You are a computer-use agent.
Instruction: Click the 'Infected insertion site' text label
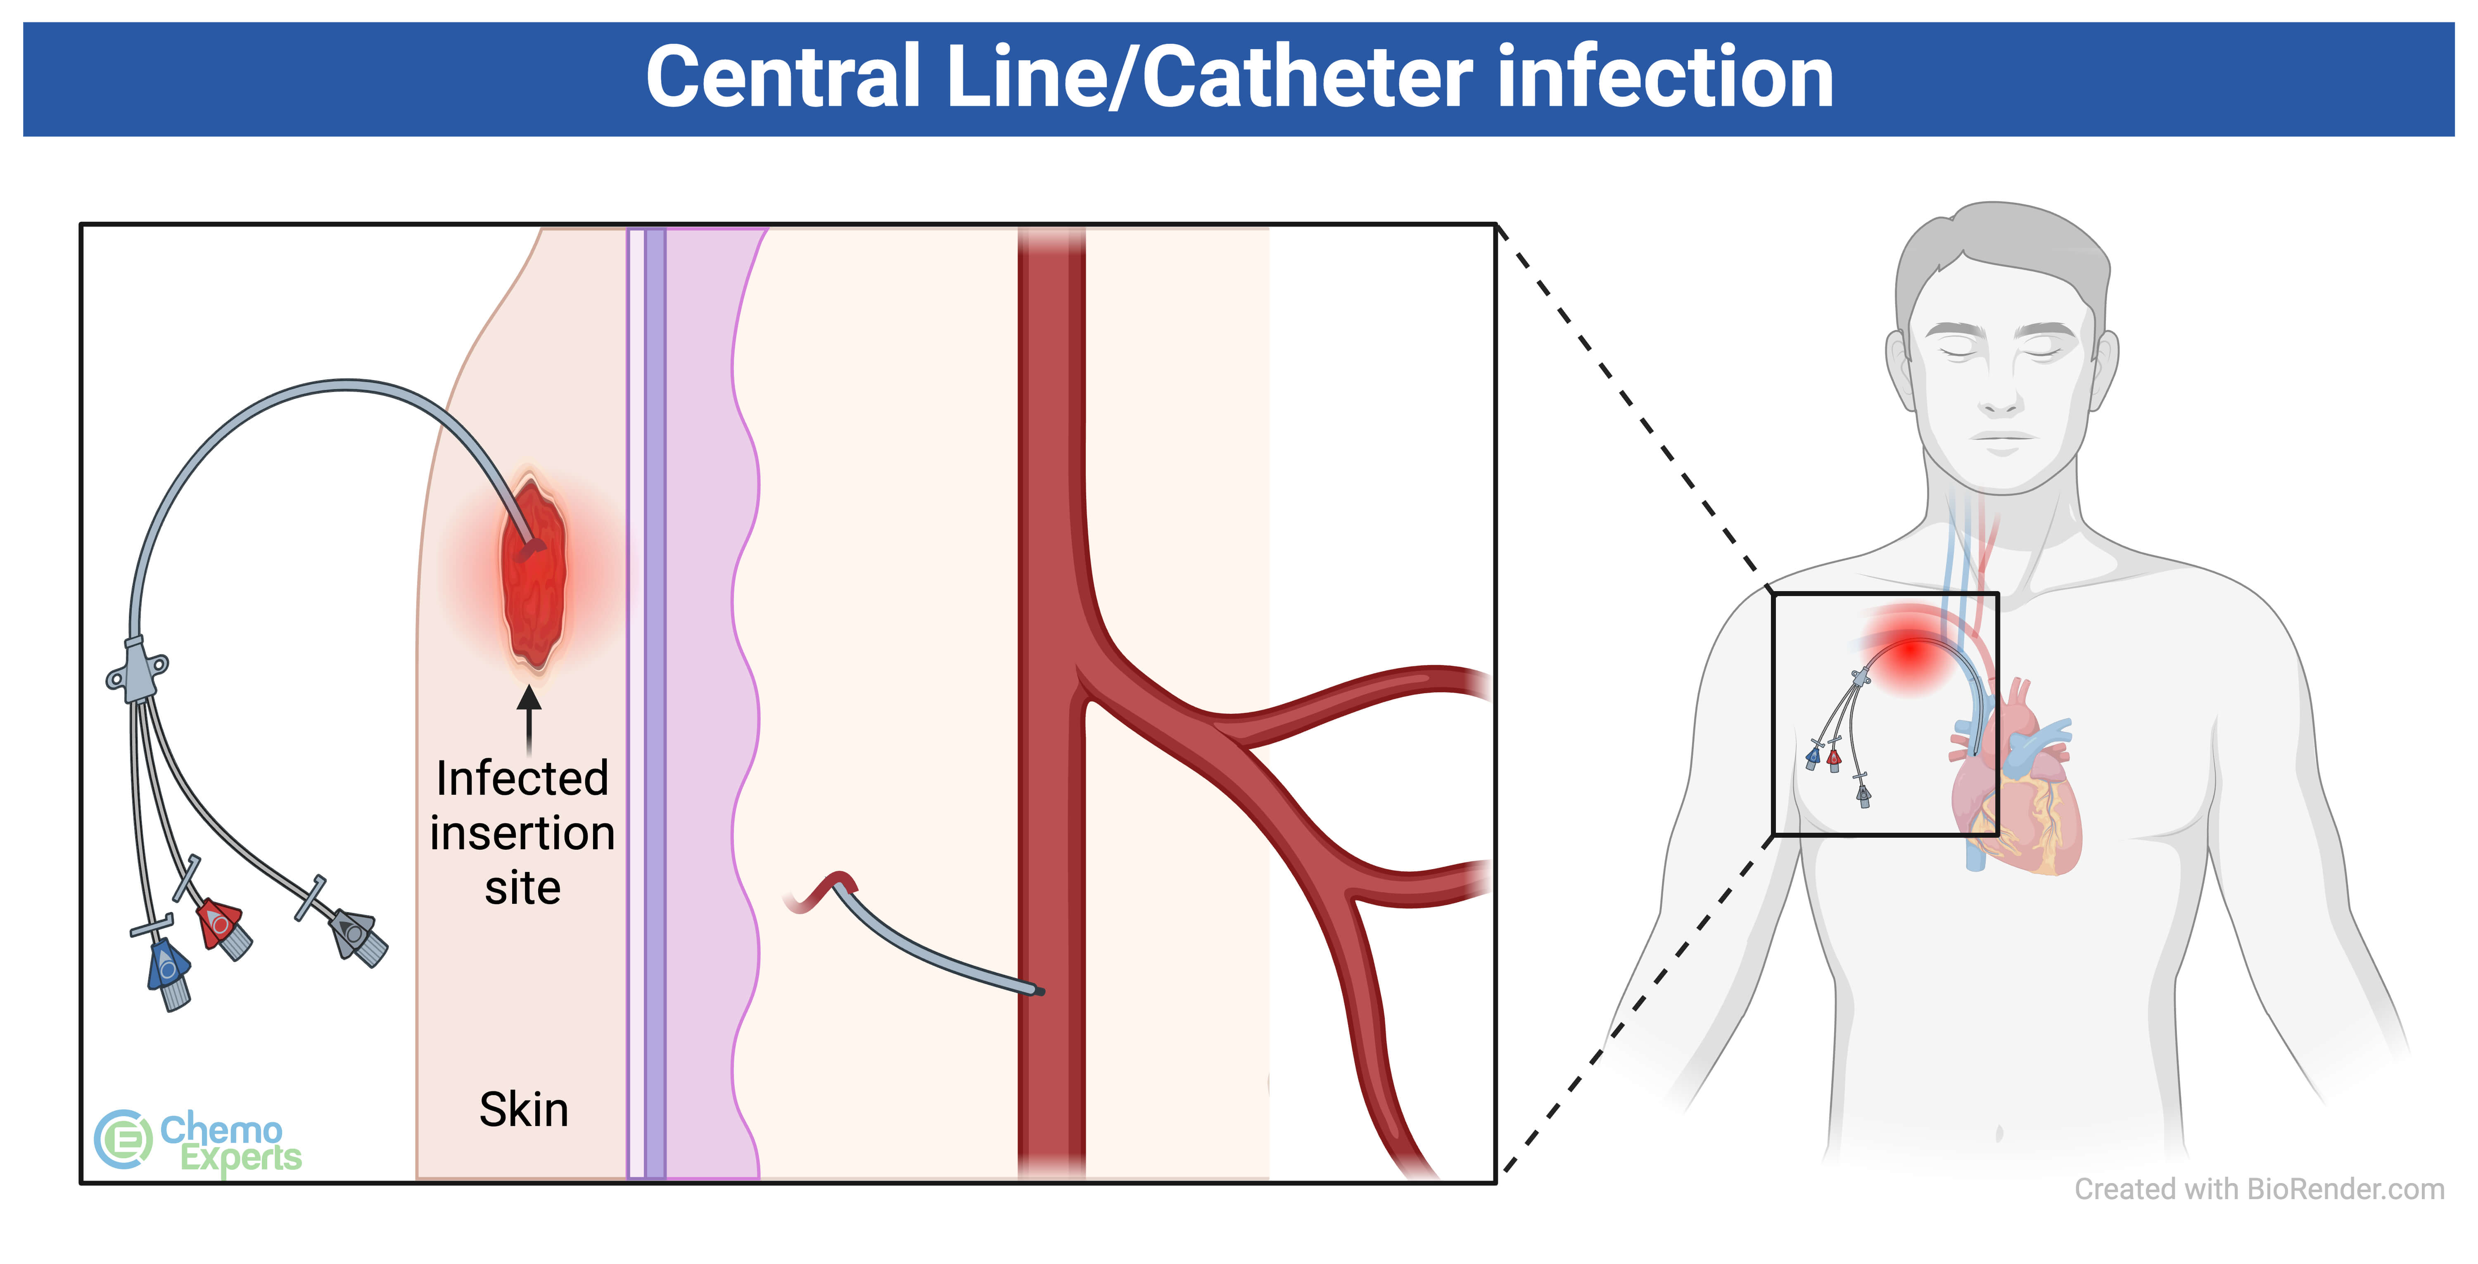point(522,832)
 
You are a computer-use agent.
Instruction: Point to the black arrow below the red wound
point(528,717)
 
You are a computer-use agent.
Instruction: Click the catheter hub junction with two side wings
point(138,668)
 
